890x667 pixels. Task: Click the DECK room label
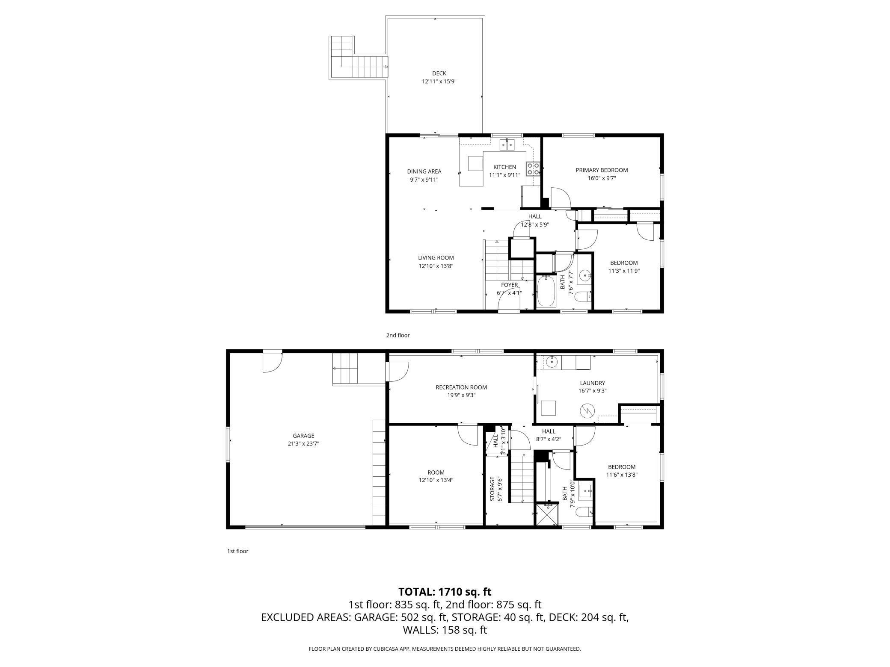pos(439,74)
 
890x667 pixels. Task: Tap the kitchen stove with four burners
pos(533,168)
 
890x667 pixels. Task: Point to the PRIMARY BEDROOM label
pos(602,170)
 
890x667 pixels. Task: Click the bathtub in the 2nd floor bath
pos(546,291)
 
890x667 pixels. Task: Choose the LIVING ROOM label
pos(436,258)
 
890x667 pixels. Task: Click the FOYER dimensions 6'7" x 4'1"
pos(509,293)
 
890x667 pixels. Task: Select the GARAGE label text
pos(304,436)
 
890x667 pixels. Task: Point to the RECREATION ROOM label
pos(461,387)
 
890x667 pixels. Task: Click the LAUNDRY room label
pos(593,383)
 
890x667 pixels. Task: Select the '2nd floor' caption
pos(398,335)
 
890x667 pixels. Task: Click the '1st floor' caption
pos(237,551)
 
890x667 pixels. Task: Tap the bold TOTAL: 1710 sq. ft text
pos(445,592)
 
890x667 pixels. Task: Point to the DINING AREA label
pos(424,171)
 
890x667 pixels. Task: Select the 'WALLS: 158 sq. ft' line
pos(445,630)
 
